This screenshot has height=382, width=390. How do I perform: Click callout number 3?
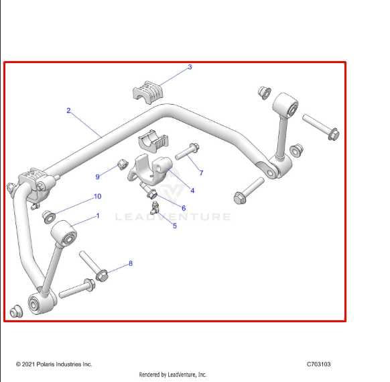coord(190,67)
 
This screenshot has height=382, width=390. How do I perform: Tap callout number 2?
coord(68,110)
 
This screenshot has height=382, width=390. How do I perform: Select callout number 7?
coord(201,173)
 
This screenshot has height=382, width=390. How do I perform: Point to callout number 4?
coord(192,191)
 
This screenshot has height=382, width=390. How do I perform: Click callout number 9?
coord(98,177)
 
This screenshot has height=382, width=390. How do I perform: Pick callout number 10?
coord(97,197)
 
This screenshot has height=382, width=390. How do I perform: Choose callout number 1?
coord(98,216)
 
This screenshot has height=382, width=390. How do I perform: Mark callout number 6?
coord(184,208)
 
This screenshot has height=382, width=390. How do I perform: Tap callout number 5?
coord(175,226)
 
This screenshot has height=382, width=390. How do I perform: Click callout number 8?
coord(131,263)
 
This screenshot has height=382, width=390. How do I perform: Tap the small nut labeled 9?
coord(123,164)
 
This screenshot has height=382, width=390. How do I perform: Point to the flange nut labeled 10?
coord(48,216)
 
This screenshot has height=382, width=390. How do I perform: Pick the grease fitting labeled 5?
coord(153,206)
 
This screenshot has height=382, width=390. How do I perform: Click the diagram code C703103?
coord(318,365)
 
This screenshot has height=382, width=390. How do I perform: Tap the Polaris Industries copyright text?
coord(54,365)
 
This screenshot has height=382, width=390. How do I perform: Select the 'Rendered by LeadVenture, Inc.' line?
coord(173,375)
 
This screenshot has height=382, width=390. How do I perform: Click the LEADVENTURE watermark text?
coord(173,217)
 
